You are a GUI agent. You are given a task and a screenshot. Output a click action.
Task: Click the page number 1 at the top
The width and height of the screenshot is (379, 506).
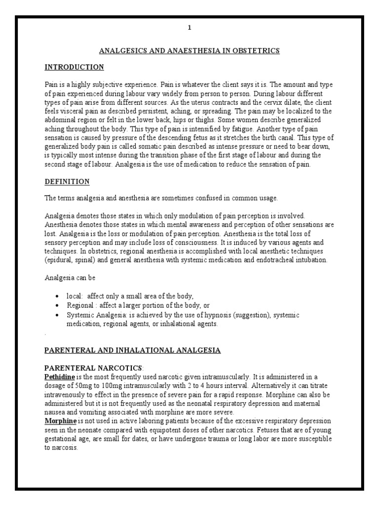pyautogui.click(x=189, y=28)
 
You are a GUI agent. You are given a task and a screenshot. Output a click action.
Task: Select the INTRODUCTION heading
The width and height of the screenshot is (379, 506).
pyautogui.click(x=74, y=67)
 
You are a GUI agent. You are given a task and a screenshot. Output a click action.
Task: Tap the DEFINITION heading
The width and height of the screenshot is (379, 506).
pyautogui.click(x=67, y=182)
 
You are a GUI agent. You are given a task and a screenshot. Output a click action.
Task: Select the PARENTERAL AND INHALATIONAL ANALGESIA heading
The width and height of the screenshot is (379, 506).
pyautogui.click(x=133, y=350)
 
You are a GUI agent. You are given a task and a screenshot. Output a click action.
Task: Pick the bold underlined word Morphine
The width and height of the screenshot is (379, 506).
pyautogui.click(x=61, y=421)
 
